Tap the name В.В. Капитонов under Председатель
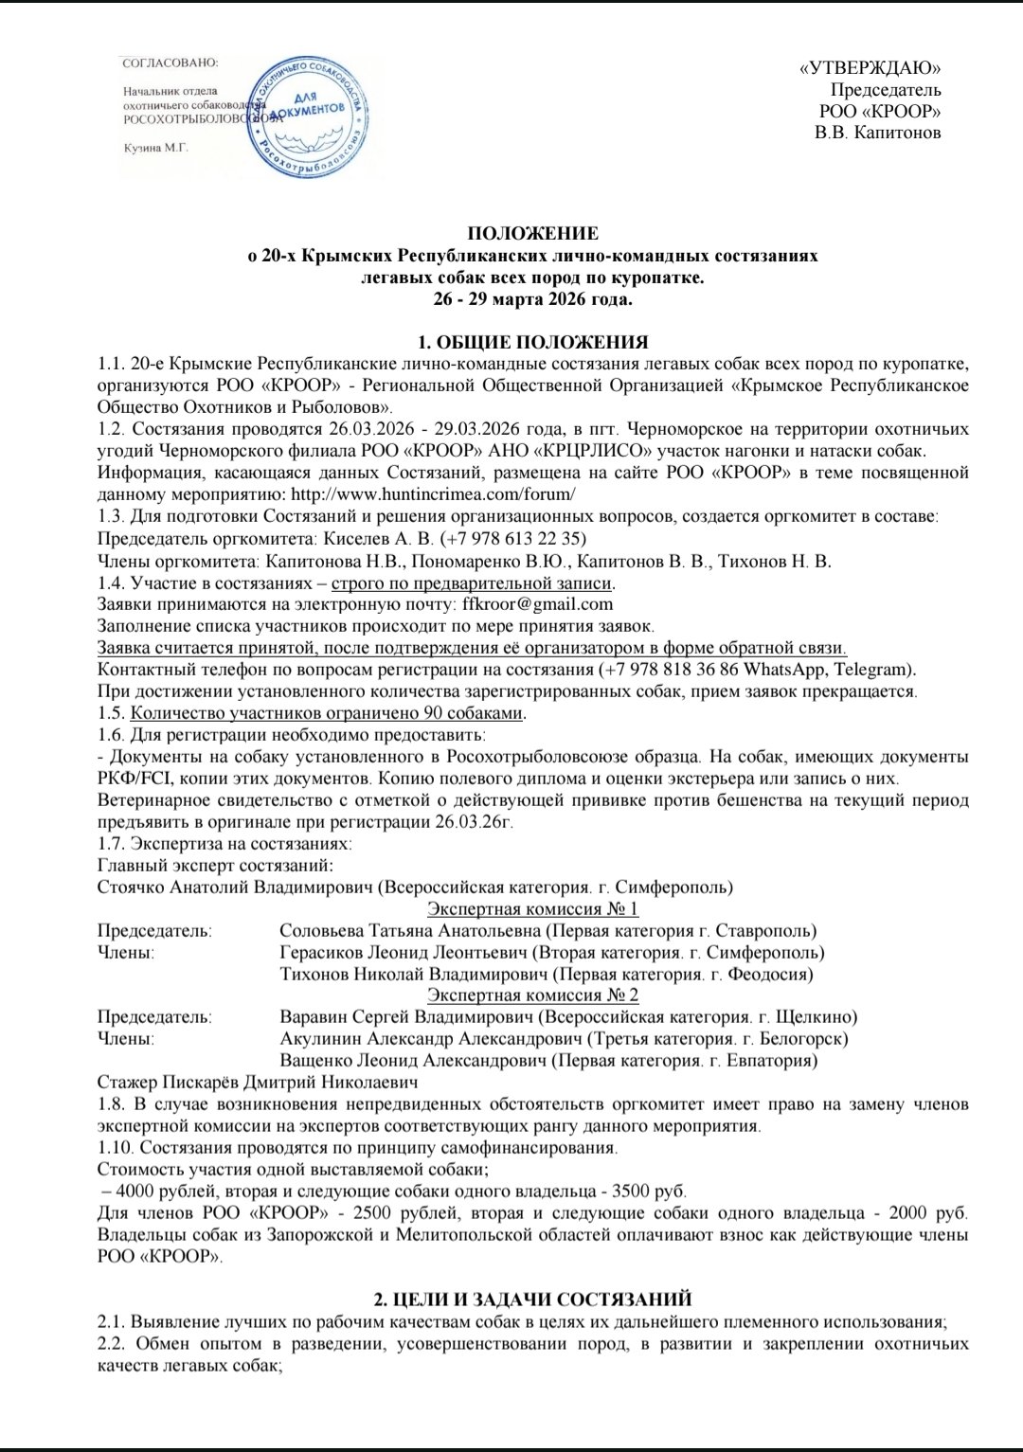(x=878, y=133)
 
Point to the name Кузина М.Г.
(x=157, y=148)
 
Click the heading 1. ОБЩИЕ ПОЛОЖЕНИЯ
(x=533, y=343)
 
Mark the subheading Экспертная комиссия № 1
(x=533, y=909)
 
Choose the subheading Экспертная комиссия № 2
(x=533, y=995)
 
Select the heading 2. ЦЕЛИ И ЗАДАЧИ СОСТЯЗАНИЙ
(x=533, y=1300)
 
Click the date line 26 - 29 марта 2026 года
(x=533, y=300)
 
